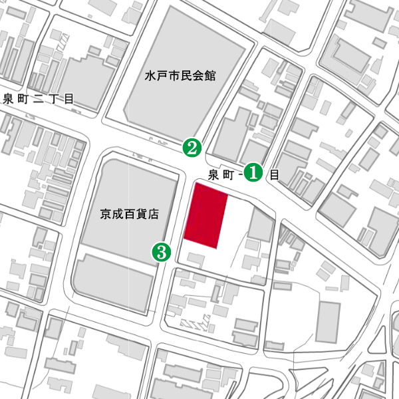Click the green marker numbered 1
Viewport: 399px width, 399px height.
pyautogui.click(x=253, y=172)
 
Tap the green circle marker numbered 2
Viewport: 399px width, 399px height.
pyautogui.click(x=192, y=147)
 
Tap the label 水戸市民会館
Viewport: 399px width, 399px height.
pyautogui.click(x=180, y=76)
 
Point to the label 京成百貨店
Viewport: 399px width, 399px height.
pyautogui.click(x=131, y=214)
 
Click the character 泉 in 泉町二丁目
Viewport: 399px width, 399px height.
pyautogui.click(x=8, y=100)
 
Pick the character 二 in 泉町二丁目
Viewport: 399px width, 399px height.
pyautogui.click(x=37, y=100)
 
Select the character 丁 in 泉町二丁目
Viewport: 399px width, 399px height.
pyautogui.click(x=53, y=100)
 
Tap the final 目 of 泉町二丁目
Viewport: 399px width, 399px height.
pyautogui.click(x=68, y=100)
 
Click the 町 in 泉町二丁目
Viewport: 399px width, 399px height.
pyautogui.click(x=23, y=100)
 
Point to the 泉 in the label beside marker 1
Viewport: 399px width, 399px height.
pyautogui.click(x=214, y=176)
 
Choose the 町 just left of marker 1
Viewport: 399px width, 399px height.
pyautogui.click(x=229, y=176)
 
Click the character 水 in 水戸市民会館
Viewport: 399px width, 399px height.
pyautogui.click(x=151, y=76)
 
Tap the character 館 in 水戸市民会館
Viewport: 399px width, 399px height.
pyautogui.click(x=211, y=76)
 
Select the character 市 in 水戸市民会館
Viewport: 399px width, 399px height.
pyautogui.click(x=174, y=76)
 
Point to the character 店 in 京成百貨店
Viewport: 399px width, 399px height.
pyautogui.click(x=157, y=214)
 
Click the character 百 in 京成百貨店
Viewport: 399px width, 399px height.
pyautogui.click(x=131, y=214)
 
